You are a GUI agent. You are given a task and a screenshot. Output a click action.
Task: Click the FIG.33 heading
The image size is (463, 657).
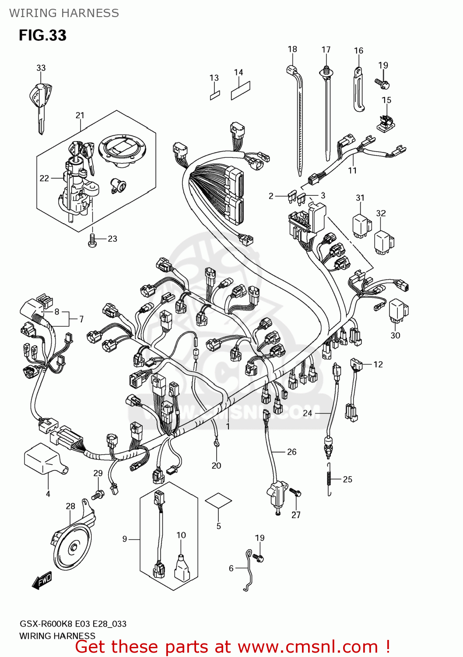tap(42, 35)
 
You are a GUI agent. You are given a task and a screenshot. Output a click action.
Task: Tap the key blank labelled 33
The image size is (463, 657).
tap(40, 103)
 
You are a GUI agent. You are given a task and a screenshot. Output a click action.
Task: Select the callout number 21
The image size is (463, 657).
tap(80, 115)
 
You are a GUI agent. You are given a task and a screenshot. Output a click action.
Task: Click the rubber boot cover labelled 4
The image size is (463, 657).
tap(44, 459)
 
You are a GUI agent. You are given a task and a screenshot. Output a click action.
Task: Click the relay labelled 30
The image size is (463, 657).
tap(398, 310)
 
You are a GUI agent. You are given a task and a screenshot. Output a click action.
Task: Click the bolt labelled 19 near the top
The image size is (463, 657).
tap(382, 82)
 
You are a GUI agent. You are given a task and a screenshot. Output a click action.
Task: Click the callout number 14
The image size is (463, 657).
tap(239, 72)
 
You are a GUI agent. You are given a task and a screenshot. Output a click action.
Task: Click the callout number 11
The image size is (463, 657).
tap(352, 170)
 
